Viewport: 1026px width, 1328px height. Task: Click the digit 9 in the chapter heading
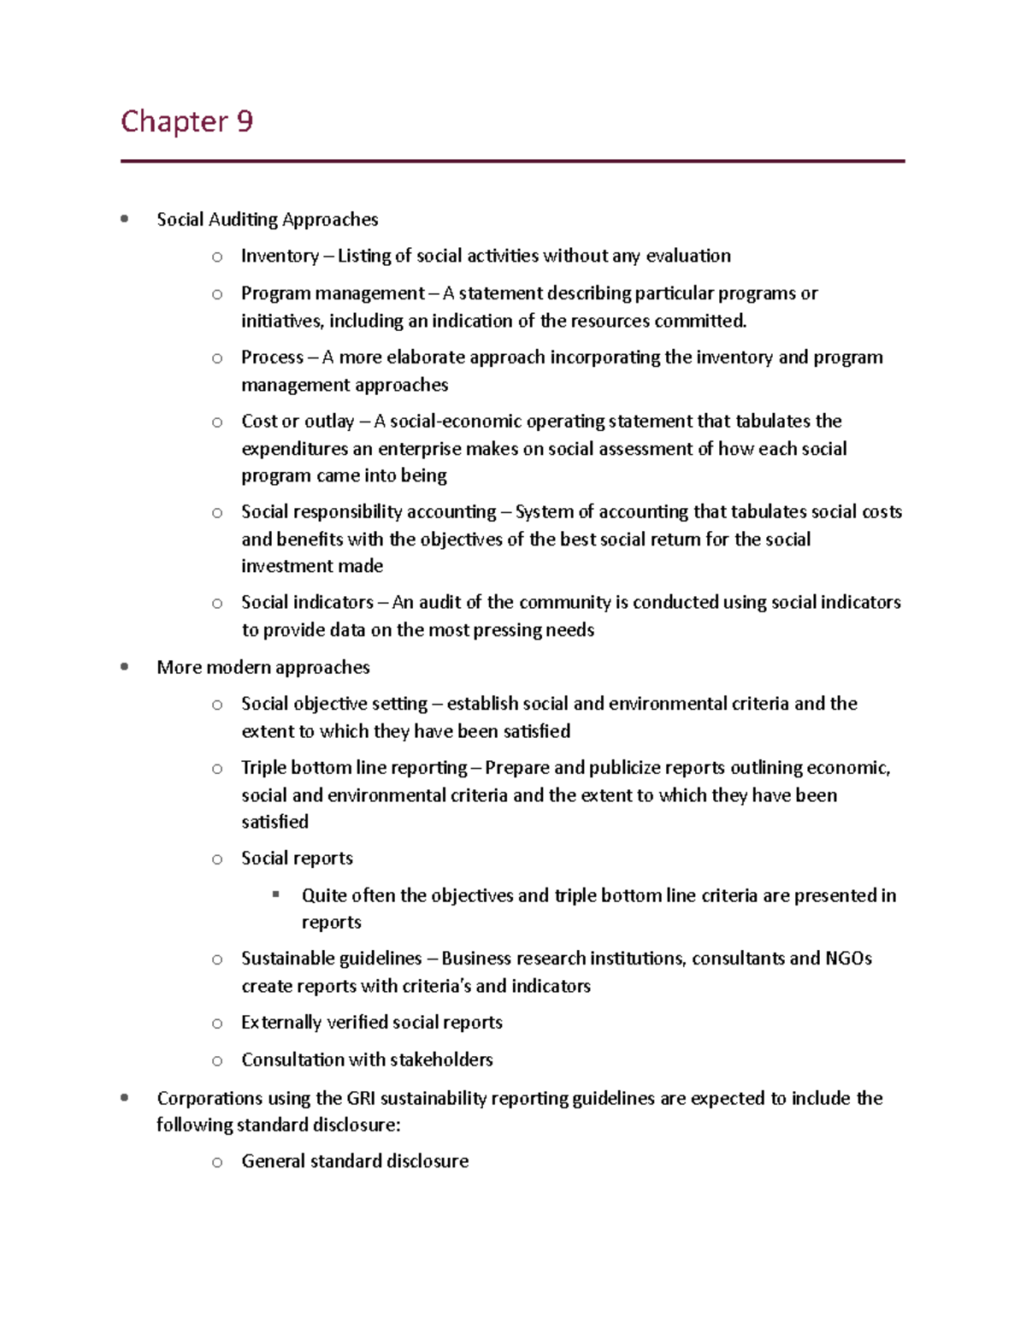coord(245,121)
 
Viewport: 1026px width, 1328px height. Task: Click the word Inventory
coord(280,256)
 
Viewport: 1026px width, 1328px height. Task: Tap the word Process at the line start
coord(272,357)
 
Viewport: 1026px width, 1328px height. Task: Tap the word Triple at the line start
coord(263,767)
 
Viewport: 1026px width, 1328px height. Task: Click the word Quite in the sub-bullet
coord(323,895)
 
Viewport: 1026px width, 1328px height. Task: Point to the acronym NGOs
coord(848,958)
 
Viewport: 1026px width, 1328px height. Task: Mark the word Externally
coord(281,1022)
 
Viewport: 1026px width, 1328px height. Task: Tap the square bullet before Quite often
coord(276,894)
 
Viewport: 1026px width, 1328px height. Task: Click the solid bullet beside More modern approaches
coord(125,666)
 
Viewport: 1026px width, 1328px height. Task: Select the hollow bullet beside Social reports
coord(217,859)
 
